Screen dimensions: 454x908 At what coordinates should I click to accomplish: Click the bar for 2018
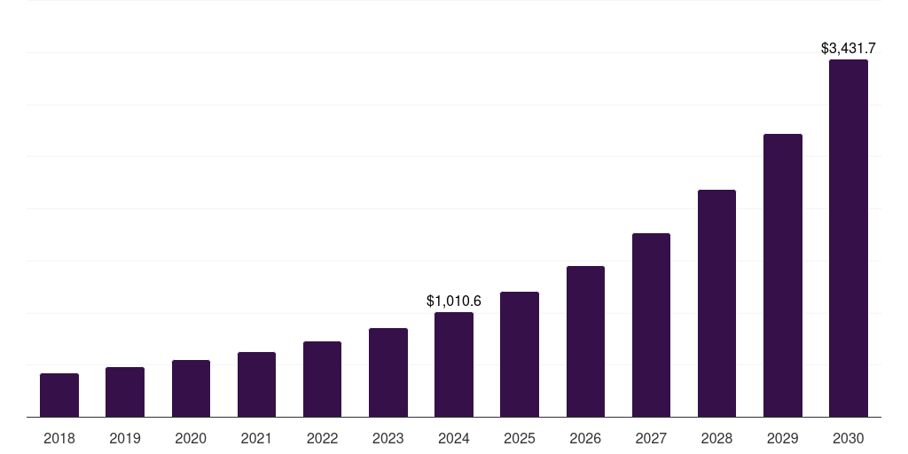59,395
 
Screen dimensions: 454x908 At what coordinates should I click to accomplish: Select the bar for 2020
191,388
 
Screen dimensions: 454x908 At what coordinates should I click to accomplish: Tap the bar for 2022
322,380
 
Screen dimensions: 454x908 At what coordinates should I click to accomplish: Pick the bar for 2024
454,364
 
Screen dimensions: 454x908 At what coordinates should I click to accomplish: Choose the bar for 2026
585,341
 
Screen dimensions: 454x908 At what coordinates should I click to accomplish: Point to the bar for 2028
716,303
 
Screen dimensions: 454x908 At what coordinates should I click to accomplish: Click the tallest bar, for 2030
849,239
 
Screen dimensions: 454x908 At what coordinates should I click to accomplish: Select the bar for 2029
782,276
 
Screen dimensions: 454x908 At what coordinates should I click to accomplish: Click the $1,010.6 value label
454,301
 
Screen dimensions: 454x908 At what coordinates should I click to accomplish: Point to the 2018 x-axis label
59,438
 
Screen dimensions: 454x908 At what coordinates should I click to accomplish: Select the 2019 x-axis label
125,438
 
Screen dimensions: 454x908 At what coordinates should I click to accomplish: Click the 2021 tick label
256,438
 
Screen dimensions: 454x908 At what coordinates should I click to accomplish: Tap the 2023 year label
388,438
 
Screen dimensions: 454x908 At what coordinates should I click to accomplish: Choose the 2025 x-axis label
520,438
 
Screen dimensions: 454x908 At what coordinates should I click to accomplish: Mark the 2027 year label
651,438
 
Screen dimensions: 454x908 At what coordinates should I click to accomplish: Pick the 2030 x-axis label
849,438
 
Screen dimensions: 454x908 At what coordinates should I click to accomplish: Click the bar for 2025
520,355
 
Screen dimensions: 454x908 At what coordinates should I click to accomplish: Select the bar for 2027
651,325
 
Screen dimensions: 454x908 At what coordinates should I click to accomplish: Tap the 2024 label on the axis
454,438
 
